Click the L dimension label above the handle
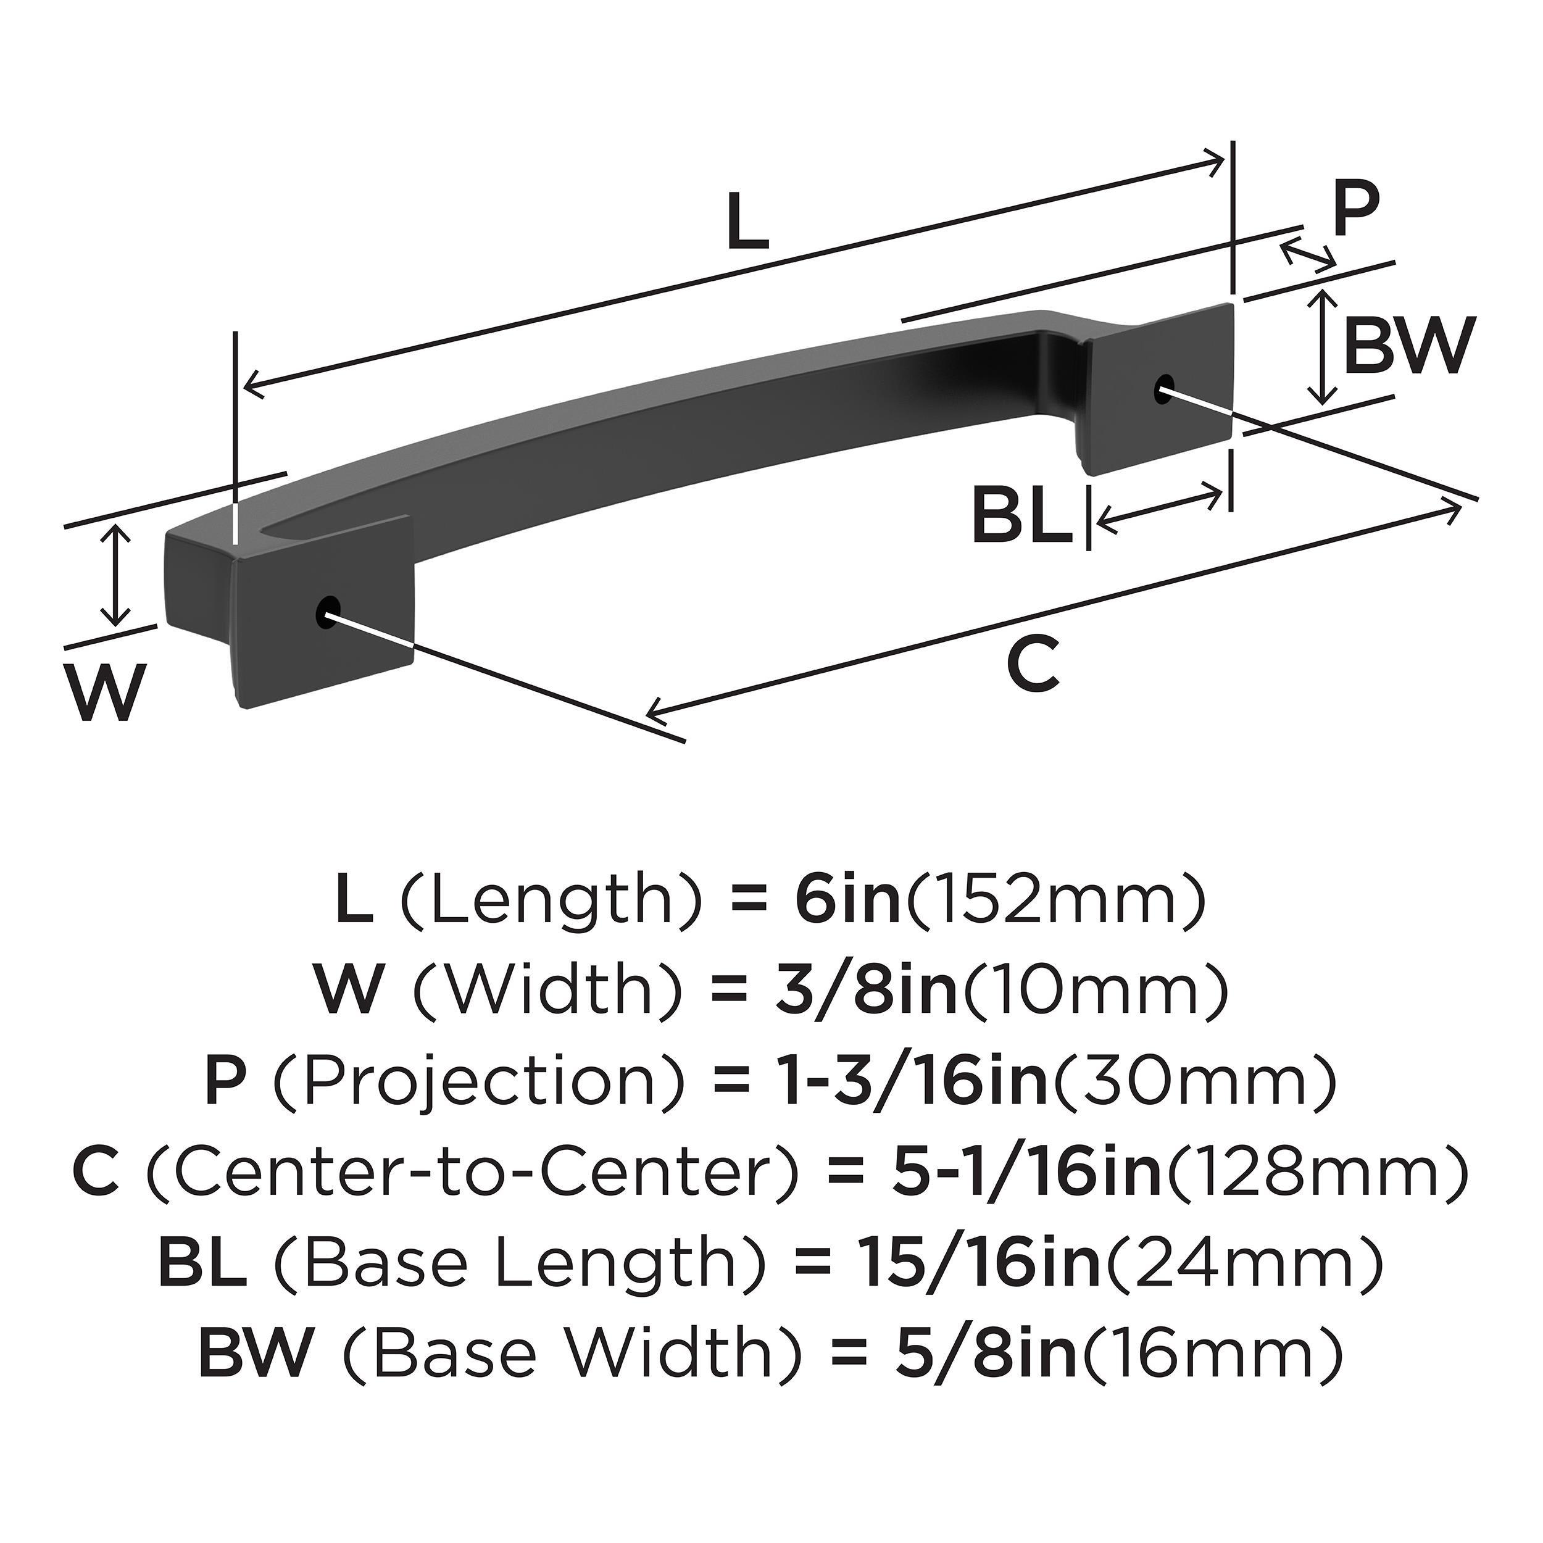coord(748,223)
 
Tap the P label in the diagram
coord(1355,209)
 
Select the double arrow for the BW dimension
coord(1323,346)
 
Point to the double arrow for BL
coord(1160,509)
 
